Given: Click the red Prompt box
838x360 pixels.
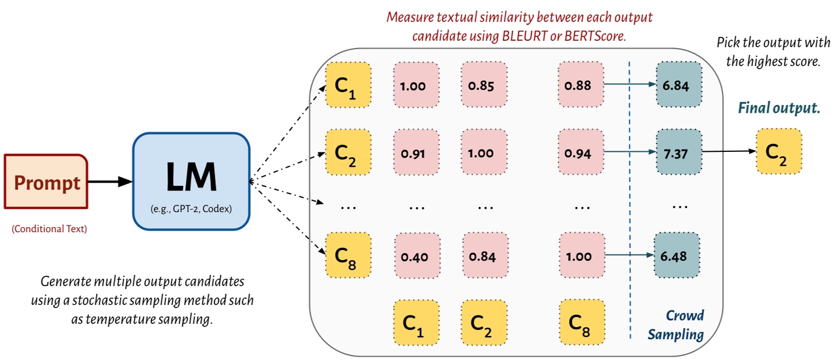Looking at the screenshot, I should click(46, 183).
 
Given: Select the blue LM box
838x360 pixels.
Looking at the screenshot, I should click(191, 181).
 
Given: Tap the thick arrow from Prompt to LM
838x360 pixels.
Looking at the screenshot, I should click(110, 182).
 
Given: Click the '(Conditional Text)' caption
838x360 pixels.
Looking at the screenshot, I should click(49, 228).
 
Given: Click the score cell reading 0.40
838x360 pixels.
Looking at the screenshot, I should click(416, 256).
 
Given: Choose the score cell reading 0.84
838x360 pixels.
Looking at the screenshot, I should click(484, 256).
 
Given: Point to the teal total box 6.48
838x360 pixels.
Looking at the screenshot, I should click(678, 256).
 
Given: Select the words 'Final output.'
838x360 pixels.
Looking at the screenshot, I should click(779, 108).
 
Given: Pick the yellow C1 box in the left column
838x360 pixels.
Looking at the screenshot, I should click(348, 85).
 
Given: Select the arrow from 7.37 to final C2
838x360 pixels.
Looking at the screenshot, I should click(729, 151).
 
